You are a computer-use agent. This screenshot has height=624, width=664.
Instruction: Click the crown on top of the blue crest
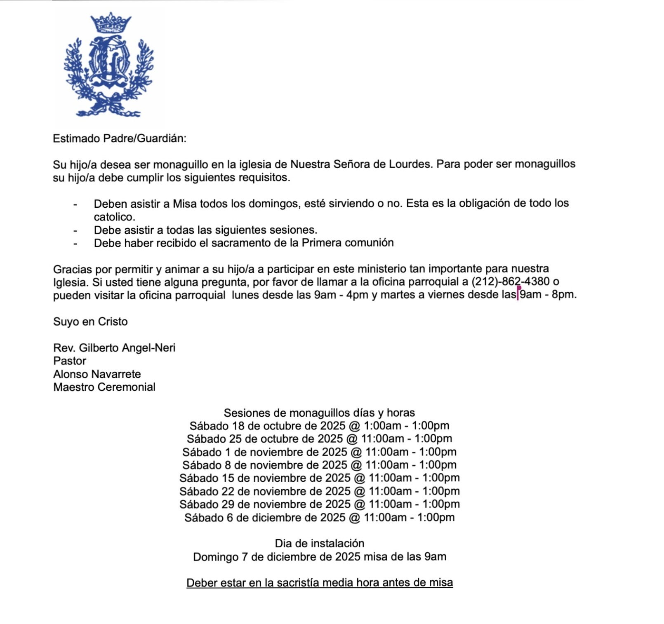(x=110, y=23)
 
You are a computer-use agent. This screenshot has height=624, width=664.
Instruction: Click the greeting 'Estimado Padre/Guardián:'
(x=120, y=138)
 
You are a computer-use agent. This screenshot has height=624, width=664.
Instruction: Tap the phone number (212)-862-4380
(x=510, y=282)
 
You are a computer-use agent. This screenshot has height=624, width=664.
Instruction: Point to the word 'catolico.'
(x=114, y=217)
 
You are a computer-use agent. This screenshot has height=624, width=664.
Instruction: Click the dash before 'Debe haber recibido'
(x=75, y=243)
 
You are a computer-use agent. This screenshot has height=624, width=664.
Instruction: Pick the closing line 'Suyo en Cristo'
(x=90, y=321)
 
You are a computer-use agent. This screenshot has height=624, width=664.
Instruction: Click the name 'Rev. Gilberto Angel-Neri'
(x=114, y=348)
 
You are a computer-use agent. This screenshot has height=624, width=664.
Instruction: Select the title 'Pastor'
(x=70, y=361)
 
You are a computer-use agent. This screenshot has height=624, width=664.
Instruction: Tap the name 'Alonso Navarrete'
(x=97, y=374)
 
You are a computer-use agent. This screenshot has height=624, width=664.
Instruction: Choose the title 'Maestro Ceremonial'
(x=104, y=387)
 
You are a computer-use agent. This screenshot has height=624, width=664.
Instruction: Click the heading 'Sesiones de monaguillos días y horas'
(x=319, y=413)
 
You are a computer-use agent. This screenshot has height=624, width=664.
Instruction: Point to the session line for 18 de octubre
(x=319, y=426)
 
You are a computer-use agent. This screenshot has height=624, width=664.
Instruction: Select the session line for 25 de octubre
(x=319, y=439)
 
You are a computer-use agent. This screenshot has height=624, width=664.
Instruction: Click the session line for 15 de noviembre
(x=319, y=478)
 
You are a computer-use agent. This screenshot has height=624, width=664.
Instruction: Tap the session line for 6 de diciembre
(x=319, y=518)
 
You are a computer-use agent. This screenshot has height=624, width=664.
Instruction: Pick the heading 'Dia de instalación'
(x=319, y=544)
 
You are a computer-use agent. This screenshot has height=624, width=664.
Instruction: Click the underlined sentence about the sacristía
(x=319, y=583)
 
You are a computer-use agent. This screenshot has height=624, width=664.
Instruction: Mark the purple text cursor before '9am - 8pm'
(x=518, y=294)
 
